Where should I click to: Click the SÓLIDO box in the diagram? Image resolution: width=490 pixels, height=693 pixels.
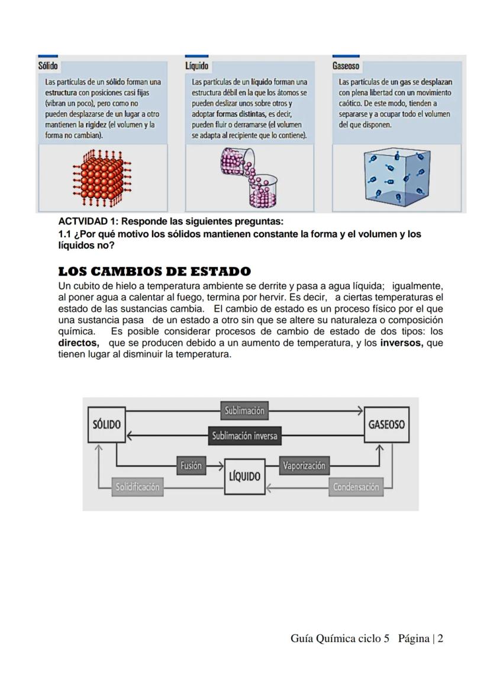click(107, 424)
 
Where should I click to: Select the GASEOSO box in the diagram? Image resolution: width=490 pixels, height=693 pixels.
click(386, 424)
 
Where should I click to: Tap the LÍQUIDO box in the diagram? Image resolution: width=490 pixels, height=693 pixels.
click(245, 476)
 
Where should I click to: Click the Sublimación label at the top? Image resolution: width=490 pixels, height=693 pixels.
click(244, 410)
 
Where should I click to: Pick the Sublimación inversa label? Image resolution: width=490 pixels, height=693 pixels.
click(244, 436)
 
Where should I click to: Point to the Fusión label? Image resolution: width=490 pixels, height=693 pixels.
click(191, 465)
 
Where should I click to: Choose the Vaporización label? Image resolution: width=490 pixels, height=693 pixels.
click(304, 465)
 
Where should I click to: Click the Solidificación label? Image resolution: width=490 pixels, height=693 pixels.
click(137, 487)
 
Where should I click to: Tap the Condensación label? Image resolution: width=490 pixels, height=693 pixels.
click(355, 487)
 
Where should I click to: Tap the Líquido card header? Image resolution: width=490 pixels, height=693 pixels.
click(196, 66)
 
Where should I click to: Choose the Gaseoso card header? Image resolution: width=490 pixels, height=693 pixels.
click(346, 66)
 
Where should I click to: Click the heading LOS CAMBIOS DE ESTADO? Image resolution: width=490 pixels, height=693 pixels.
click(154, 272)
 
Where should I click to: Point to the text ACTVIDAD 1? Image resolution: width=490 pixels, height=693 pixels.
click(88, 222)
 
